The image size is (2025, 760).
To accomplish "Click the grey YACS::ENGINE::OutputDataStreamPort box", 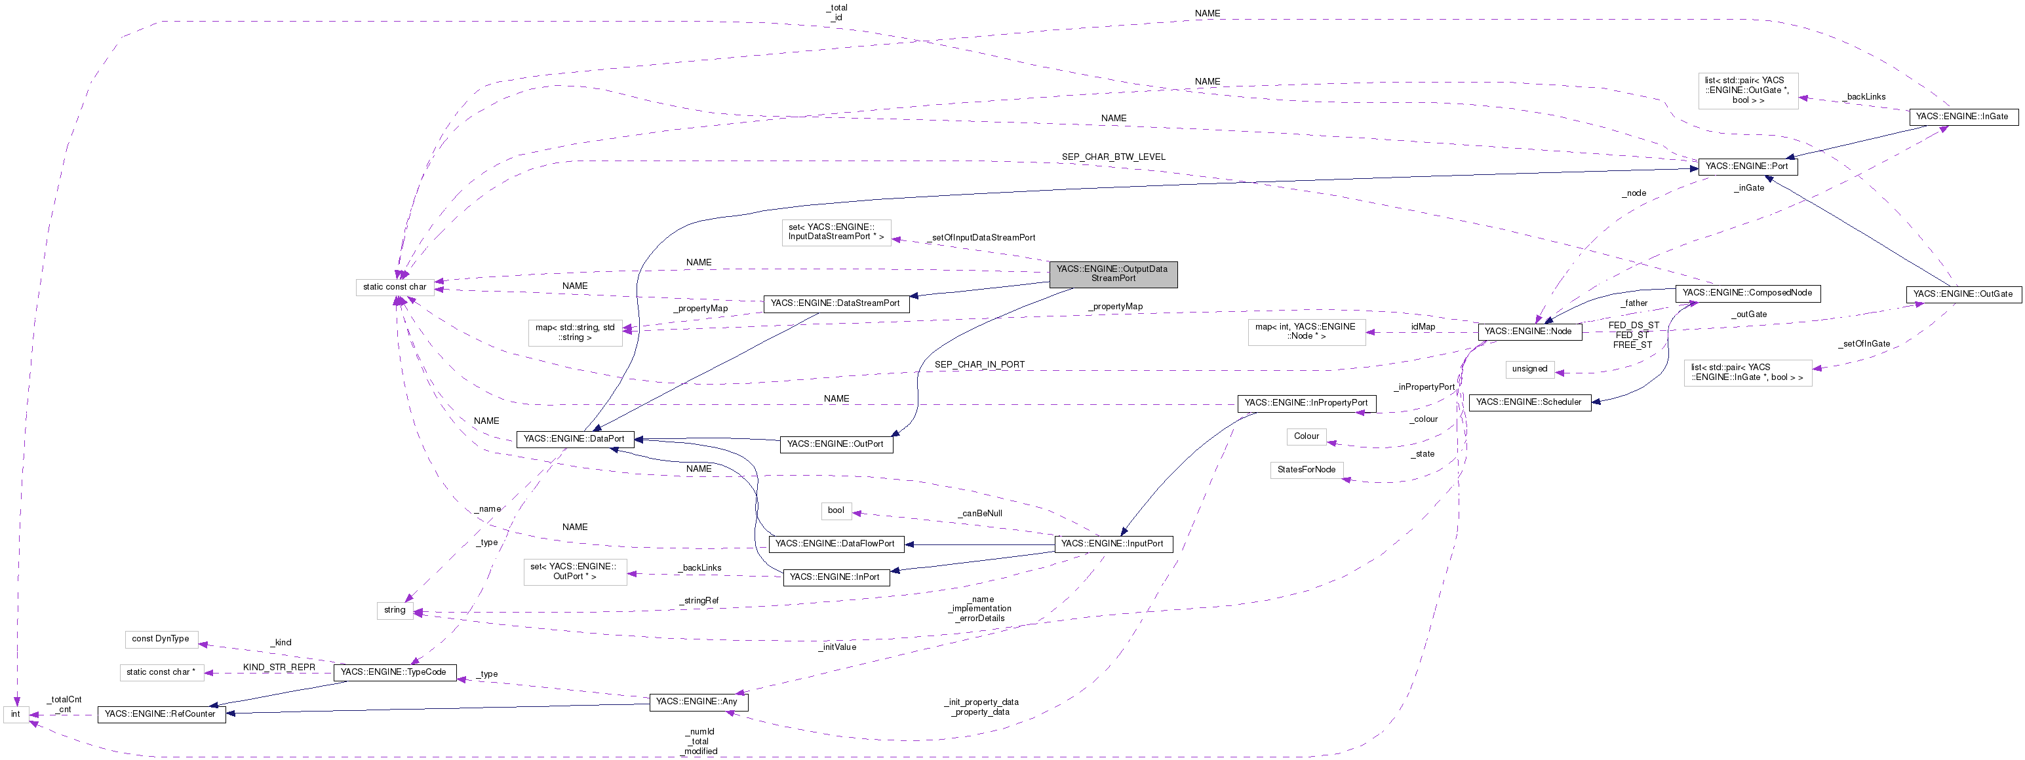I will point(1112,273).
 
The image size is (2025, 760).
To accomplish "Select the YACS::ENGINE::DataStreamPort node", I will point(836,303).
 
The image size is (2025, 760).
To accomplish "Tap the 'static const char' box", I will point(395,287).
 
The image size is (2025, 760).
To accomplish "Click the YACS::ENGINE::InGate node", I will point(1961,117).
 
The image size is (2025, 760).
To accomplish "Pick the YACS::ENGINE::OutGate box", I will point(1962,294).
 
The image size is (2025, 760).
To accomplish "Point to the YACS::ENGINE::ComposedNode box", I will point(1747,292).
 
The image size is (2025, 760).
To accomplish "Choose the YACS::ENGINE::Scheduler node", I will point(1529,402).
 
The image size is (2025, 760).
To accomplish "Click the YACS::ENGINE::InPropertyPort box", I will point(1306,402).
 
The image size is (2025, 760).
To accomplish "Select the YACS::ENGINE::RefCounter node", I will point(161,714).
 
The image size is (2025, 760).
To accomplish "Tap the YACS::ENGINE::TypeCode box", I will point(394,672).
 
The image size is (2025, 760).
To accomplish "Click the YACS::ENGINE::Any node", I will point(698,702).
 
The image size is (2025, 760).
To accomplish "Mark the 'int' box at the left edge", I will point(16,714).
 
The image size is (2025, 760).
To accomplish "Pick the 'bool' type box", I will point(836,511).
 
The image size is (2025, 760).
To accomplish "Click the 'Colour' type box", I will point(1306,436).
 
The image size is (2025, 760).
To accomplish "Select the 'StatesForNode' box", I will point(1306,470).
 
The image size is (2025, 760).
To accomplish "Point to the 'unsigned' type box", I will point(1529,370).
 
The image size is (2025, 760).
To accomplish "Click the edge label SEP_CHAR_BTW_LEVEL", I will point(1113,157).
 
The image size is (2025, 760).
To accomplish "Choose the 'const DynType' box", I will point(161,639).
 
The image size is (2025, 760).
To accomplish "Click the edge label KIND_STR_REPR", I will point(279,667).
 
